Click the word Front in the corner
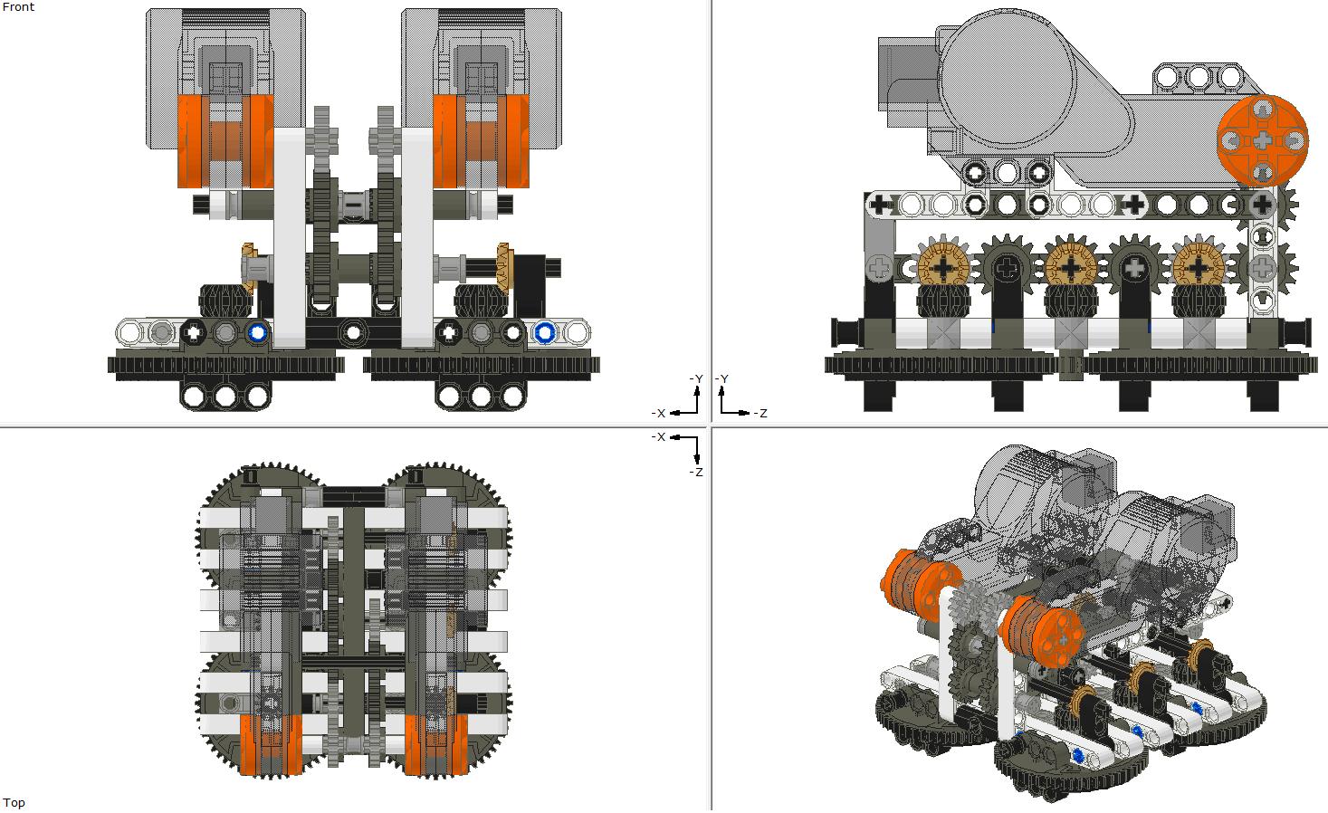click(x=18, y=7)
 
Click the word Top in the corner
click(x=14, y=803)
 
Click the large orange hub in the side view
click(x=1262, y=139)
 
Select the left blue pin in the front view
click(x=258, y=333)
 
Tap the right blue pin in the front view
click(x=544, y=333)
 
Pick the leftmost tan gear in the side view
click(x=943, y=268)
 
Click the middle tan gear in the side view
click(x=1070, y=268)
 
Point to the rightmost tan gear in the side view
click(x=1197, y=268)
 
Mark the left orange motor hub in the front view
click(x=225, y=140)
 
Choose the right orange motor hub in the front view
click(x=481, y=140)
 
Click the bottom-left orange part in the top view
click(x=271, y=745)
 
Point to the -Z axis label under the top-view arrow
click(x=695, y=473)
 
